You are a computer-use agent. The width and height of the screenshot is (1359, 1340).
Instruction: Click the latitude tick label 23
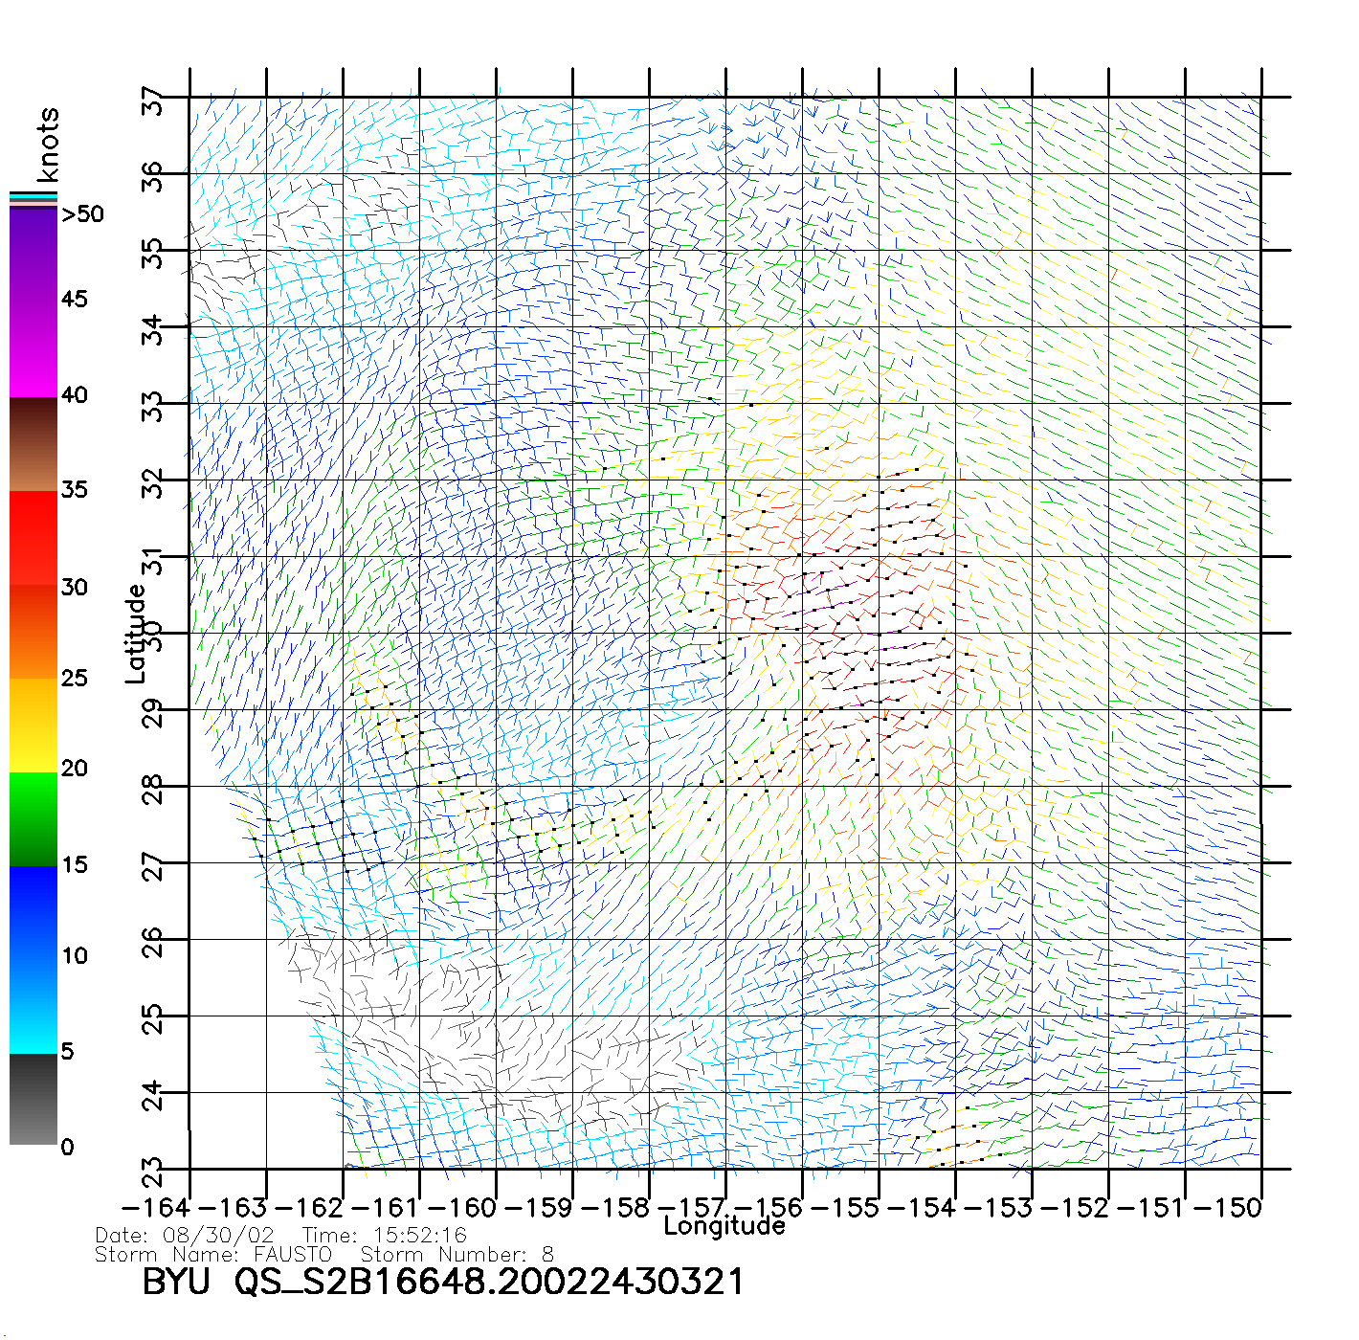(x=153, y=1170)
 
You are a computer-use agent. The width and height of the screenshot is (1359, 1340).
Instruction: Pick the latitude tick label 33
(x=153, y=406)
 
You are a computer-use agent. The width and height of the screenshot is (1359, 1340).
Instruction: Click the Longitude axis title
(x=724, y=1226)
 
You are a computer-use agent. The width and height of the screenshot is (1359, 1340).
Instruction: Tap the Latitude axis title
(x=136, y=634)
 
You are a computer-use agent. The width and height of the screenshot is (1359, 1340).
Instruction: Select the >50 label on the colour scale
(x=82, y=214)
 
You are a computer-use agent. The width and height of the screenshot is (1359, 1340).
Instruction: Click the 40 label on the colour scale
(x=75, y=395)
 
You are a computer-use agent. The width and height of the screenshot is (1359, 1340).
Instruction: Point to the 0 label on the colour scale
(x=67, y=1147)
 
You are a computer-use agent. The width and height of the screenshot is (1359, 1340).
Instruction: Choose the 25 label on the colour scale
(x=75, y=679)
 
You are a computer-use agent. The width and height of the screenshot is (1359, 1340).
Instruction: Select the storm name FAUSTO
(x=293, y=1254)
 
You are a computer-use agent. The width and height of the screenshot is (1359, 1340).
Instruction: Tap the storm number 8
(x=546, y=1254)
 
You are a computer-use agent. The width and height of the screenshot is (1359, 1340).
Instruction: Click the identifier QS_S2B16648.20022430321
(x=488, y=1281)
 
